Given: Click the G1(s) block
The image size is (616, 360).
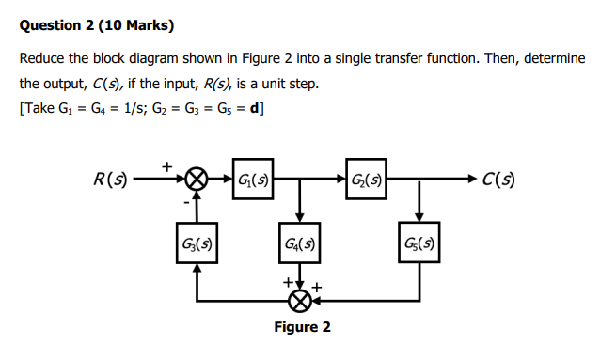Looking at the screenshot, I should coord(251,178).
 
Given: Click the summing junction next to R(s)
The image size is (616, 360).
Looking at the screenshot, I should coord(196,178).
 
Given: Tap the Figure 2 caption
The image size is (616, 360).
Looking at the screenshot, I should coord(302,328).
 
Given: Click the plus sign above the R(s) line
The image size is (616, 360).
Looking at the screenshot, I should coord(166,164).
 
